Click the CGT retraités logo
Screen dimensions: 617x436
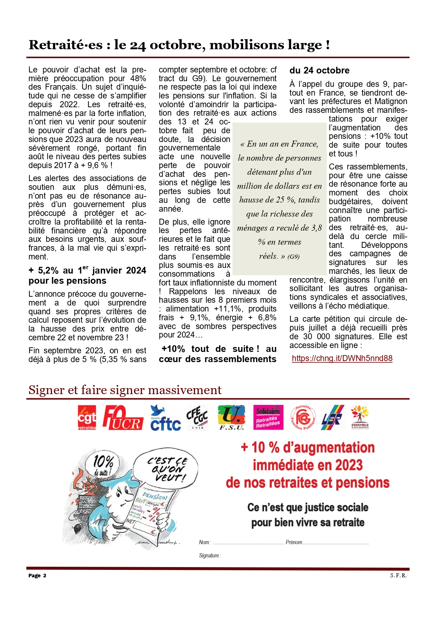(87, 417)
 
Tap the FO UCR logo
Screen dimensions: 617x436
(123, 418)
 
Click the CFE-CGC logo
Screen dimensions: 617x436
(197, 417)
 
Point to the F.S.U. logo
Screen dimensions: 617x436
(231, 418)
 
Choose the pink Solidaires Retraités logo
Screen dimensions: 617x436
(268, 417)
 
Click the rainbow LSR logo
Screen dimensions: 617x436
(332, 417)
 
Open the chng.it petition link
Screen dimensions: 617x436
(342, 358)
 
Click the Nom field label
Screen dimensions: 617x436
(204, 542)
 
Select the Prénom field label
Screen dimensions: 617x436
(294, 542)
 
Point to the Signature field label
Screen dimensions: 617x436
(209, 555)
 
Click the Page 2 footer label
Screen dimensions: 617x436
(37, 576)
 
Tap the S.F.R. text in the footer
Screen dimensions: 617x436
(398, 576)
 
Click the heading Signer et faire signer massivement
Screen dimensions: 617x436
(125, 390)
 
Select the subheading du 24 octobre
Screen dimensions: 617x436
(319, 70)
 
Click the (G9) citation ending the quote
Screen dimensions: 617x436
(293, 257)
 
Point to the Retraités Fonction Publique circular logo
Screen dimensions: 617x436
(303, 418)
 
